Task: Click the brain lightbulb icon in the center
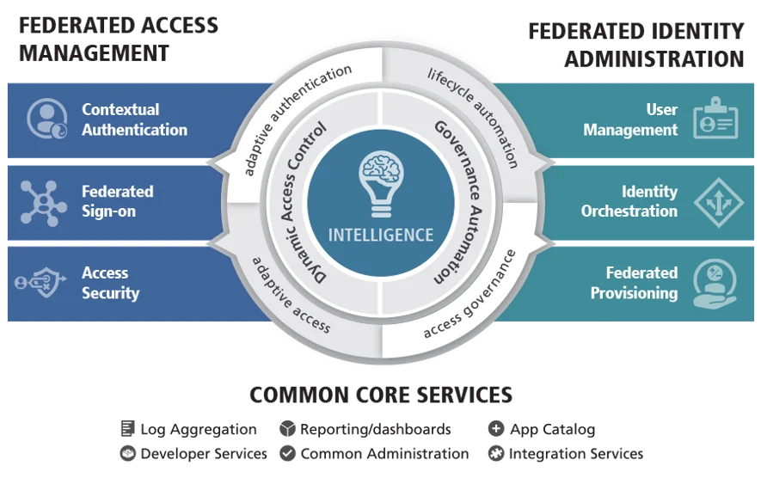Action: click(x=381, y=183)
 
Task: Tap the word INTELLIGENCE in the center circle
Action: click(x=381, y=236)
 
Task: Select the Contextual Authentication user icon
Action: click(x=46, y=119)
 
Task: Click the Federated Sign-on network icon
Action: click(x=43, y=203)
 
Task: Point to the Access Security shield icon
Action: click(x=40, y=282)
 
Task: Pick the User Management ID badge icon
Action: click(x=715, y=118)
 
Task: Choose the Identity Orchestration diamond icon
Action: click(x=718, y=202)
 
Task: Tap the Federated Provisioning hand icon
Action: click(x=715, y=284)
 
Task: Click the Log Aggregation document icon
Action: click(x=127, y=428)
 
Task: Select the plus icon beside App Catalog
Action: click(x=495, y=428)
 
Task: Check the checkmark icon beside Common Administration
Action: click(x=287, y=453)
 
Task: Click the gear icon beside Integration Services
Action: click(x=495, y=453)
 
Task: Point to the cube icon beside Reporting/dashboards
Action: click(x=287, y=428)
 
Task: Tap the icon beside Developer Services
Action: click(x=127, y=453)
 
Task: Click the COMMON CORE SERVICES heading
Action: click(x=381, y=395)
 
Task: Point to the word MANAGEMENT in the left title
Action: click(x=94, y=53)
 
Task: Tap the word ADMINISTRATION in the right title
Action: click(x=654, y=59)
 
